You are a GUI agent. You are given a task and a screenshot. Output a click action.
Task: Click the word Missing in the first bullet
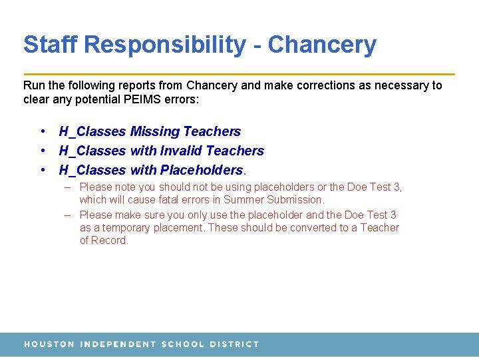tap(154, 131)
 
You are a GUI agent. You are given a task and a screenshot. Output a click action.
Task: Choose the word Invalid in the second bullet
tap(182, 151)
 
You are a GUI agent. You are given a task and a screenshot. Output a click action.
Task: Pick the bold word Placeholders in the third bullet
tap(202, 170)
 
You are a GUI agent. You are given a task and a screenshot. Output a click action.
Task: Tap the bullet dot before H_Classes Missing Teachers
tap(42, 131)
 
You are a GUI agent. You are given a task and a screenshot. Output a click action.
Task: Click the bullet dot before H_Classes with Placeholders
tap(42, 170)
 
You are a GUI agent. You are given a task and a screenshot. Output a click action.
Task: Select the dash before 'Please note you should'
tap(68, 187)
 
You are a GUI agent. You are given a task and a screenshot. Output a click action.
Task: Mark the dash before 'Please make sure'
tap(68, 215)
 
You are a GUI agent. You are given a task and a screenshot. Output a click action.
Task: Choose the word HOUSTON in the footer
tap(49, 344)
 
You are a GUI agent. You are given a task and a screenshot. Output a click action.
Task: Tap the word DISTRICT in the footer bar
tap(234, 344)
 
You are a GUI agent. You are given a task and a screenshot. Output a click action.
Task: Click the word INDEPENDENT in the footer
tap(117, 344)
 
